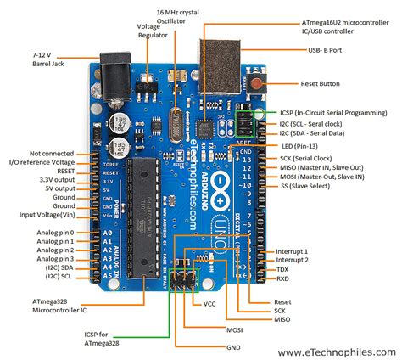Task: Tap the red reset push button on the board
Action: [x=257, y=82]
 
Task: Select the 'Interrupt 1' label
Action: [x=293, y=252]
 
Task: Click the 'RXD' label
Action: [x=282, y=278]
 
